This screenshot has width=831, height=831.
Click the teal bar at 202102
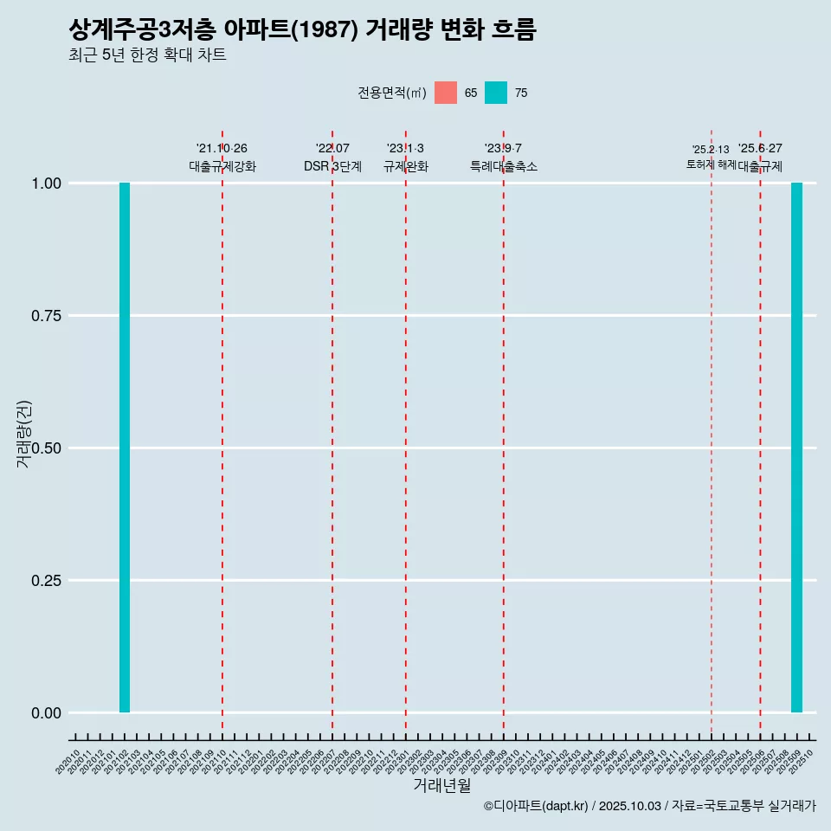[x=125, y=448]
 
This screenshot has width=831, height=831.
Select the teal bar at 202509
[x=796, y=448]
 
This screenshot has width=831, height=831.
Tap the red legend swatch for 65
[x=446, y=93]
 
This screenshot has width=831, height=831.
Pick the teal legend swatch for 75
[x=496, y=93]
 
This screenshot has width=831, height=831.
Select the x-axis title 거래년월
[x=441, y=786]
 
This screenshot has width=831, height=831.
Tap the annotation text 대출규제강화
[x=222, y=166]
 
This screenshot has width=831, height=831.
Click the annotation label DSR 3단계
[x=332, y=166]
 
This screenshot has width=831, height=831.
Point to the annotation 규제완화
[x=406, y=166]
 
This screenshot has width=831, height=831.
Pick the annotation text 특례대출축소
[x=504, y=166]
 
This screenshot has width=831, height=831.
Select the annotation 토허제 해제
[x=711, y=164]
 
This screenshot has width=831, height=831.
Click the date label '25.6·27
[x=760, y=149]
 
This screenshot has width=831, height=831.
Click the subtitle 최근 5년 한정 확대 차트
[x=147, y=55]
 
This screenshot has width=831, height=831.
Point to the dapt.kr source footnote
[x=649, y=806]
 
